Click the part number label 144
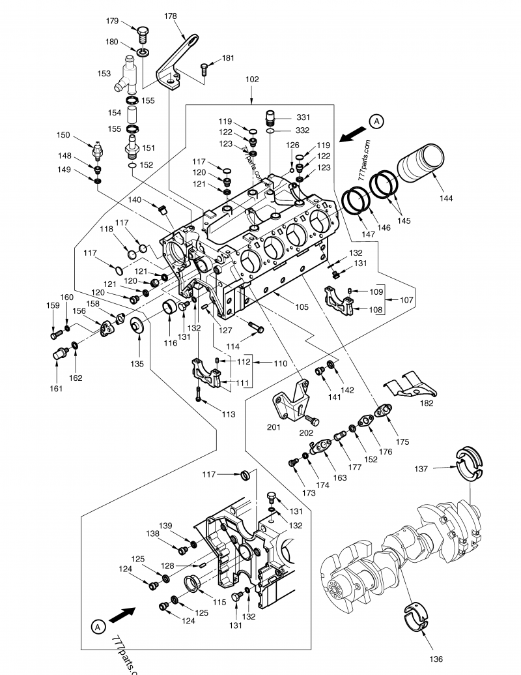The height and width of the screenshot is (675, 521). (x=447, y=198)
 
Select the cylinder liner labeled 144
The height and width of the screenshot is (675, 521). (x=421, y=164)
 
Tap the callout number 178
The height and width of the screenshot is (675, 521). (x=170, y=16)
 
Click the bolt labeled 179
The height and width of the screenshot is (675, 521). (x=143, y=31)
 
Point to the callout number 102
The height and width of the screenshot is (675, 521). (x=252, y=80)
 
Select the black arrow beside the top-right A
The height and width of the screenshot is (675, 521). (x=352, y=133)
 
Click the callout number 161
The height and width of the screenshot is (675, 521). (x=57, y=389)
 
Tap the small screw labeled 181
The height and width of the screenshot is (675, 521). (x=204, y=67)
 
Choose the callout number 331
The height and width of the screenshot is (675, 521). (x=303, y=117)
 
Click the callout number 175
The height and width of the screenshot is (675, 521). (x=402, y=442)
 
